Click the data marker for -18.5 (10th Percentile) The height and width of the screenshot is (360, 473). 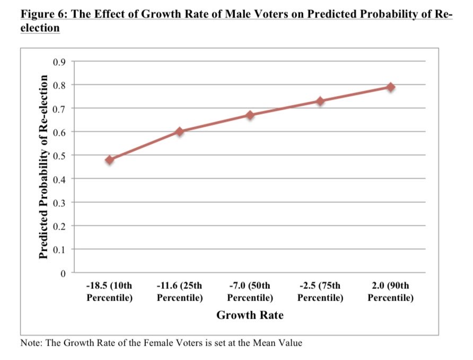pos(110,160)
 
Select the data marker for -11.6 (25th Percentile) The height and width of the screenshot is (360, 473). pos(180,131)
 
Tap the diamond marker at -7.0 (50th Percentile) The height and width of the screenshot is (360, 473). pos(250,115)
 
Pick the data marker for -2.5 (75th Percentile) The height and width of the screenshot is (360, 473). pos(320,101)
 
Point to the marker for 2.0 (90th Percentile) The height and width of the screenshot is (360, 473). pos(391,87)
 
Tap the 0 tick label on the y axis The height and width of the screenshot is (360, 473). pos(63,273)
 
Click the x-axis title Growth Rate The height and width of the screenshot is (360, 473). pos(250,315)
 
